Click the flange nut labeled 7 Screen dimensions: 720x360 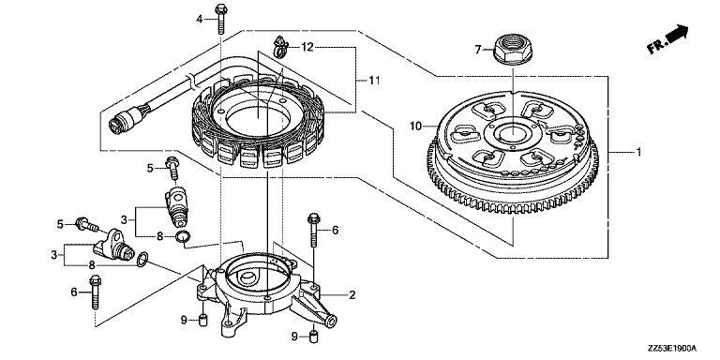[513, 50]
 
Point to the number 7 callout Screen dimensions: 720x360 [477, 49]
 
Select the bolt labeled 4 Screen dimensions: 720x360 [221, 19]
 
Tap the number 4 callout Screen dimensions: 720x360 [199, 19]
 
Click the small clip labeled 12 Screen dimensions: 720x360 [279, 47]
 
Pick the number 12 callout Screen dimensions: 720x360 [307, 47]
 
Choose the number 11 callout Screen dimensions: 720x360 [374, 81]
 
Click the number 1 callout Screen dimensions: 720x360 [637, 152]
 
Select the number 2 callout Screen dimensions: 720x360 [352, 294]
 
